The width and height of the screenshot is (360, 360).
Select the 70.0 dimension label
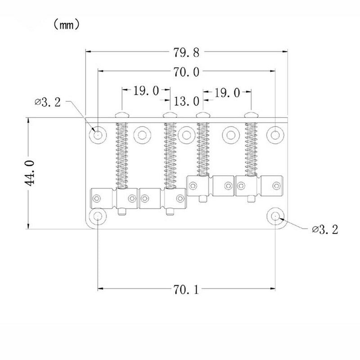[x=186, y=72]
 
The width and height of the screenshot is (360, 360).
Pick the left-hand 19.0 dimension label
[x=145, y=92]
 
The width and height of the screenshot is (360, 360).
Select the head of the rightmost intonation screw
[x=251, y=115]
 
